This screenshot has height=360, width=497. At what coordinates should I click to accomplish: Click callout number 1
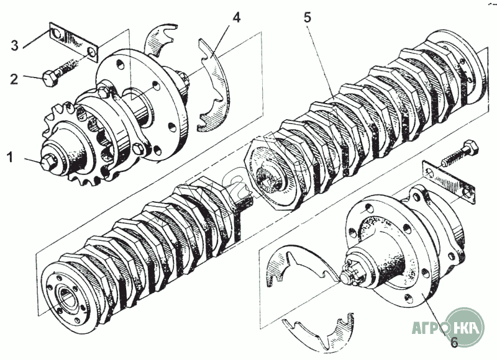[x=10, y=157]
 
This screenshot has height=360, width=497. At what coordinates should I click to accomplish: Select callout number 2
[x=14, y=78]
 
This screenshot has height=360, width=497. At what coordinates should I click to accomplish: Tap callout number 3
[x=14, y=45]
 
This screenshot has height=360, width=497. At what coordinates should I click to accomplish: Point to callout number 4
[x=235, y=17]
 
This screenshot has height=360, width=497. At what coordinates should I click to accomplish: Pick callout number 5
[x=307, y=17]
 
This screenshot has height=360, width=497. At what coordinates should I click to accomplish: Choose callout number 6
[x=454, y=341]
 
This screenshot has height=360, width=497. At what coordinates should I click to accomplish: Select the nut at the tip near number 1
[x=46, y=162]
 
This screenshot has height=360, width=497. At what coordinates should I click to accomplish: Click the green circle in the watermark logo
[x=464, y=326]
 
